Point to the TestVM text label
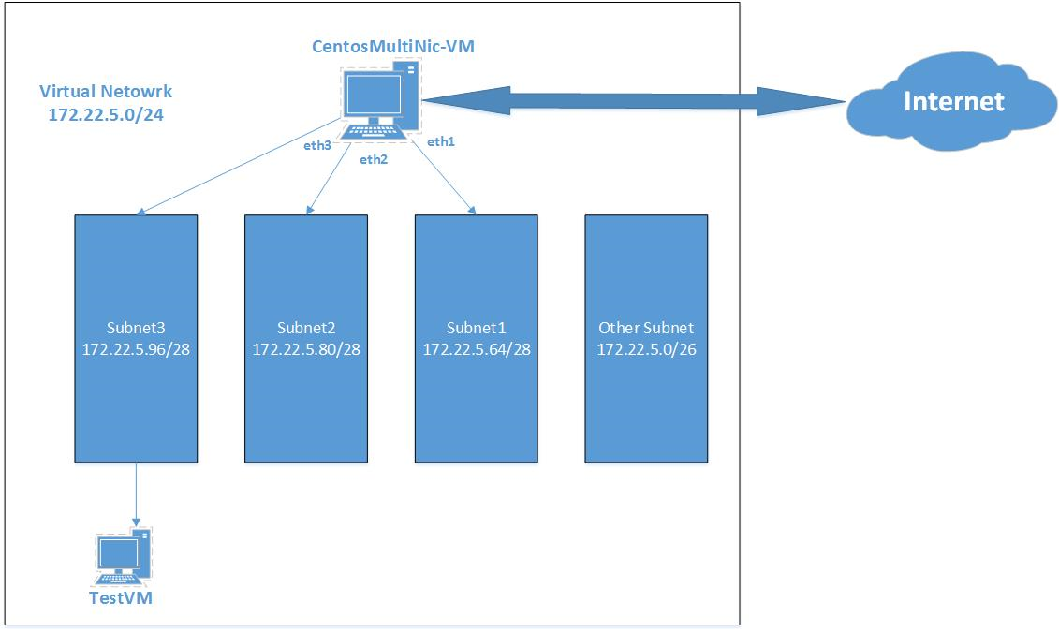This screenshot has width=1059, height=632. [120, 598]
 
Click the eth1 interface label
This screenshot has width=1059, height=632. [440, 142]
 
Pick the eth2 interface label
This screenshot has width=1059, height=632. [374, 159]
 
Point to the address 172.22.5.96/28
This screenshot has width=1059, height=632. [136, 348]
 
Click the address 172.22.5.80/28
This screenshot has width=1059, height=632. [306, 348]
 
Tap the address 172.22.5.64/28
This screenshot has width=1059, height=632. [477, 348]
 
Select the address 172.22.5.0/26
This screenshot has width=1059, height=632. [646, 348]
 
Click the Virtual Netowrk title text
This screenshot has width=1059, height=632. [106, 92]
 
